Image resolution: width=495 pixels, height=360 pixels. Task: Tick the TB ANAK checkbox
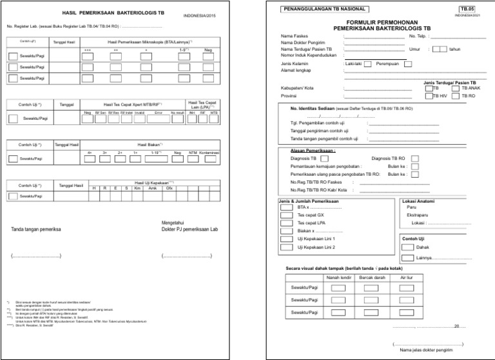pyautogui.click(x=456, y=88)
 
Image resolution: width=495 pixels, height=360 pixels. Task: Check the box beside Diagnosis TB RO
pyautogui.click(x=415, y=158)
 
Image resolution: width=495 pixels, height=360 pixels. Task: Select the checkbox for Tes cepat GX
pyautogui.click(x=287, y=215)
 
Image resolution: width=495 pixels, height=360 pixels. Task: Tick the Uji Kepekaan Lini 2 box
pyautogui.click(x=287, y=247)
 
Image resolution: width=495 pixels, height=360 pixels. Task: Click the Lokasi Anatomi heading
pyautogui.click(x=417, y=200)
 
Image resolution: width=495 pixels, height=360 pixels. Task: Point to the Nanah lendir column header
pyautogui.click(x=337, y=278)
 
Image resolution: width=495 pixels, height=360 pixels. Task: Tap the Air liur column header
pyautogui.click(x=406, y=278)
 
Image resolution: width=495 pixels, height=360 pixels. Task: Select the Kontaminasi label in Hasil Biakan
pyautogui.click(x=209, y=153)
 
